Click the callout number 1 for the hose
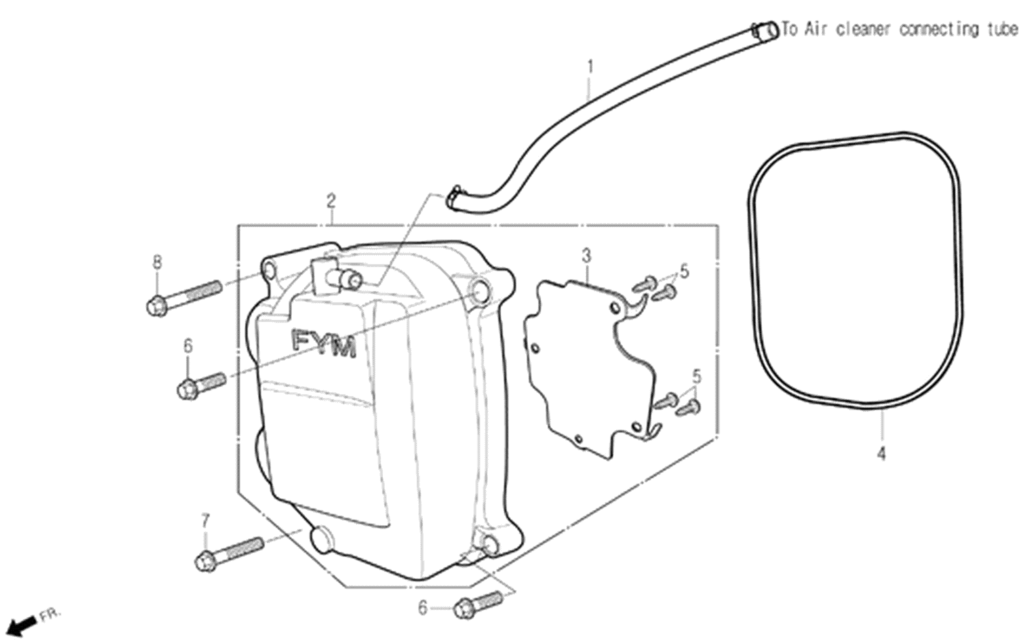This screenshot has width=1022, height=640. [590, 68]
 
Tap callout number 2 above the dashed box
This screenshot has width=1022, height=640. [331, 202]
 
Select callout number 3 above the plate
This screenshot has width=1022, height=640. [587, 256]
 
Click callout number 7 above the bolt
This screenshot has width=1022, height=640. [205, 521]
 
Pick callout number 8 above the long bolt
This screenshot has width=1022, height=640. [157, 263]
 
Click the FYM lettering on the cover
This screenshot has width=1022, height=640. [324, 343]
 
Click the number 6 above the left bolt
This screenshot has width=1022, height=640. [188, 346]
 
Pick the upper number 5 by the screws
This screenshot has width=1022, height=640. [684, 271]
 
